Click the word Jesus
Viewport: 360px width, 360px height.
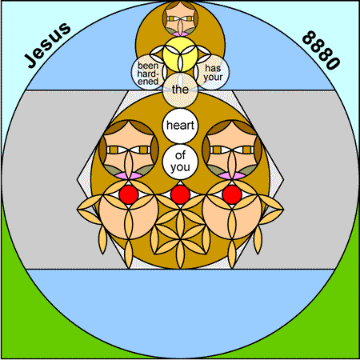[x=47, y=45]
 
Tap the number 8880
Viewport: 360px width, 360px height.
[x=321, y=50]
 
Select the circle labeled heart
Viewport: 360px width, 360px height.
[x=180, y=126]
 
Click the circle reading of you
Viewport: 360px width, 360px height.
[x=180, y=162]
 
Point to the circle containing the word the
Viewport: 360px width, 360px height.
[x=180, y=90]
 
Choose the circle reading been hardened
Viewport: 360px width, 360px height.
[x=149, y=73]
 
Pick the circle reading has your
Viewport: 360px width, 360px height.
[x=212, y=73]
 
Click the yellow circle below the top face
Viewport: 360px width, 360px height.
[x=180, y=54]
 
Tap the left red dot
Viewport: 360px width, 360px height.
[x=129, y=194]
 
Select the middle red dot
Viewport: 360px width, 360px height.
[x=180, y=194]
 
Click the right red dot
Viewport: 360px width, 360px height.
[x=232, y=194]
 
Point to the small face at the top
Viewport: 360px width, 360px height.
[x=180, y=18]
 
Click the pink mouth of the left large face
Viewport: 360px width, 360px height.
[x=129, y=176]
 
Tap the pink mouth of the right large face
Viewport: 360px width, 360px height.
[x=232, y=176]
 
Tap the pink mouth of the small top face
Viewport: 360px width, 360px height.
[x=180, y=34]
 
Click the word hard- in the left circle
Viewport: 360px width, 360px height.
[x=148, y=74]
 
